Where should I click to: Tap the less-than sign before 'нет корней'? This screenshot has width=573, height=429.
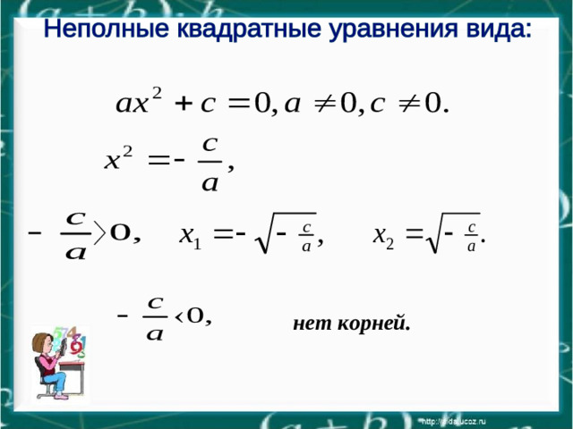(179, 316)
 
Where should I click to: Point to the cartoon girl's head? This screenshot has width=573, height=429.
(45, 344)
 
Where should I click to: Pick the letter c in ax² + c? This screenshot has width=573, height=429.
(209, 105)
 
